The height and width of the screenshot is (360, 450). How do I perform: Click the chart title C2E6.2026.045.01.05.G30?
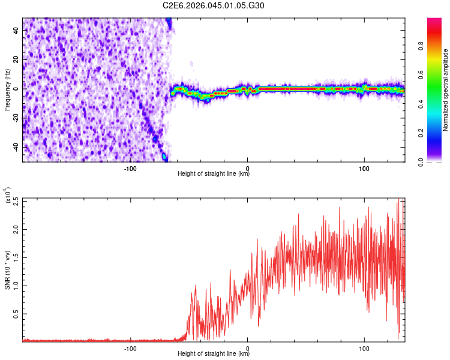[x=214, y=5]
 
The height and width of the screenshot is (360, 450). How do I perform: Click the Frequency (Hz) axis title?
[x=7, y=89]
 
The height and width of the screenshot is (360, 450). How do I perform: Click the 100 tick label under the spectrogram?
[x=364, y=169]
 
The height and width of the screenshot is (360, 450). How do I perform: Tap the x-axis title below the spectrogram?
[x=214, y=174]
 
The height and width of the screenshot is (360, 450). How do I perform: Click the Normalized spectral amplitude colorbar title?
[x=446, y=90]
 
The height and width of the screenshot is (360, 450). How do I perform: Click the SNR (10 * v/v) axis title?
[x=7, y=269]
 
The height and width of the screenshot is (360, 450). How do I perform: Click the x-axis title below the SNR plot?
[x=214, y=354]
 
